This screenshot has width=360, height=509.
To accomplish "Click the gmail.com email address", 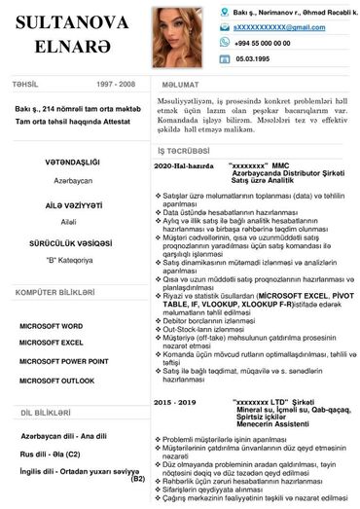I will click(x=278, y=27).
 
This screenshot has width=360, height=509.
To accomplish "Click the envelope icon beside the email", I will click(x=225, y=27).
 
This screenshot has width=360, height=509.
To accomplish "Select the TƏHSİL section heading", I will click(x=25, y=85).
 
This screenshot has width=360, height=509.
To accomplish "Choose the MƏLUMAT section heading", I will click(x=180, y=86).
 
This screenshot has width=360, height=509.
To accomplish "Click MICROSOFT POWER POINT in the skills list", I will click(x=63, y=361).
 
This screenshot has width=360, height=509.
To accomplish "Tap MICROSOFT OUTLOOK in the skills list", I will click(x=56, y=381).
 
